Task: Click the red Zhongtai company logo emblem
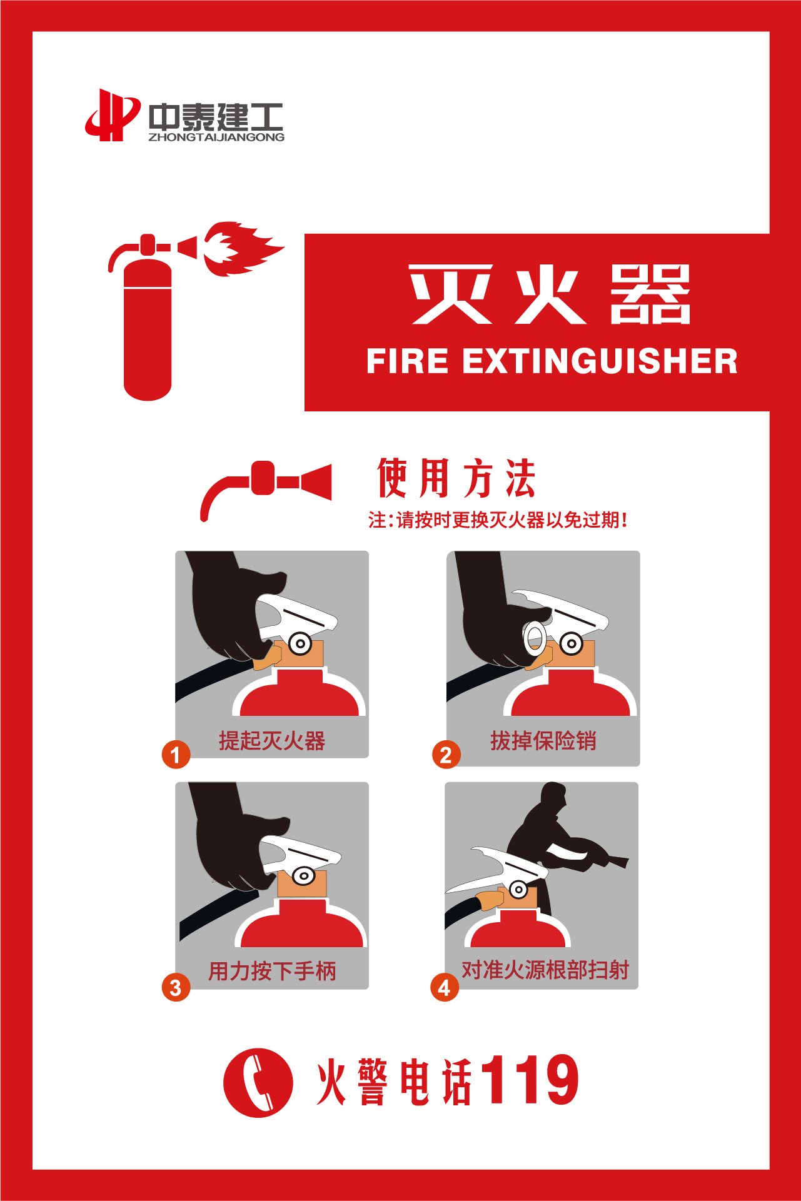tap(113, 115)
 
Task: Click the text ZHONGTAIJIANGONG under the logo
tap(216, 137)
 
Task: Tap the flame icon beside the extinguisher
tap(243, 248)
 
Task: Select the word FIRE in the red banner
tap(407, 361)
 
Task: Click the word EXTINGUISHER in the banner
tap(600, 361)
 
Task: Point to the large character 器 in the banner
tap(650, 294)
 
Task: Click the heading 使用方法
tap(456, 478)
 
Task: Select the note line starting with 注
tap(498, 520)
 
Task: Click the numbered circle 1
tap(176, 755)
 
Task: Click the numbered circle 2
tap(446, 755)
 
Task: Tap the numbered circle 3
tap(176, 987)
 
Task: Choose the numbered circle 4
tap(444, 987)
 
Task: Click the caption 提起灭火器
tap(272, 741)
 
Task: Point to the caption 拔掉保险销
tap(543, 741)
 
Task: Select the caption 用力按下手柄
tap(272, 971)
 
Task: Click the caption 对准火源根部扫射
tap(545, 970)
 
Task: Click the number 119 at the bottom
tap(531, 1080)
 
